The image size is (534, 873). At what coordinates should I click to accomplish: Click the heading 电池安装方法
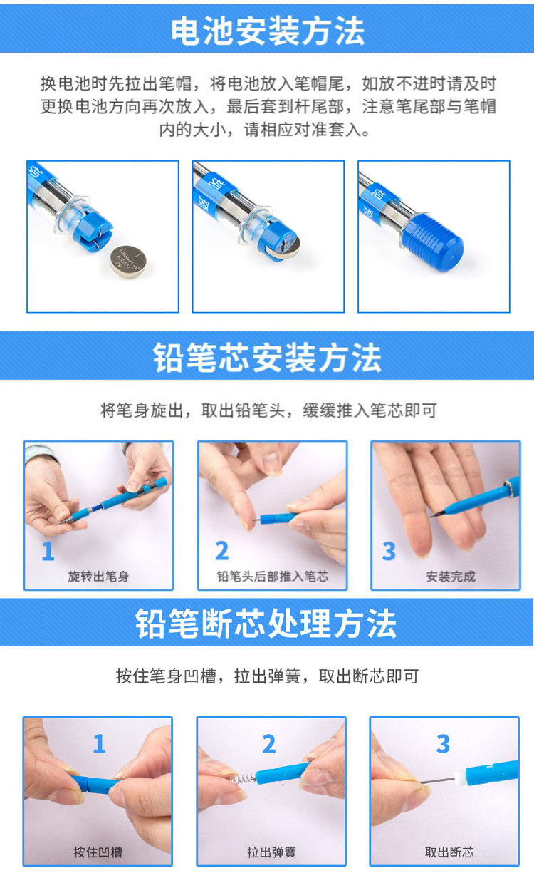(x=268, y=31)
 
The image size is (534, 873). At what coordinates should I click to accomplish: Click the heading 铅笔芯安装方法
(x=267, y=357)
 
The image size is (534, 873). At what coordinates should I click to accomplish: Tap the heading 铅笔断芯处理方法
(x=266, y=624)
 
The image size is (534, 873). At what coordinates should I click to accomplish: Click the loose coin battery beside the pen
(x=128, y=262)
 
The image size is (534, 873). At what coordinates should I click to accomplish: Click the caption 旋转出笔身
(x=98, y=576)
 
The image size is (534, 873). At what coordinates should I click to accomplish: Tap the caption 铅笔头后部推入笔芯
(x=272, y=576)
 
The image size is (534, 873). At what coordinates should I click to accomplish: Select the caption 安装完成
(x=451, y=576)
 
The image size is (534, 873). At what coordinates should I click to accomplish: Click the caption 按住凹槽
(x=98, y=852)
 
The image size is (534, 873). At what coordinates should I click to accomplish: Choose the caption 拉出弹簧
(x=271, y=852)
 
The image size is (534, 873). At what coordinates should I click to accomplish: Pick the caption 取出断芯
(x=449, y=852)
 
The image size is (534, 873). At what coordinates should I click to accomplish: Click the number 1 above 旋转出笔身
(x=48, y=551)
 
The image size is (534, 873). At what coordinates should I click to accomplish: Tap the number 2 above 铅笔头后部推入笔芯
(x=221, y=551)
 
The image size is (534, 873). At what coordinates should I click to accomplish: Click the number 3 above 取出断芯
(x=444, y=743)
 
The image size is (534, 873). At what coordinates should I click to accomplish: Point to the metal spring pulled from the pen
(x=242, y=779)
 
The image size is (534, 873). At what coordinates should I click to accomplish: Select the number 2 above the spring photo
(x=269, y=744)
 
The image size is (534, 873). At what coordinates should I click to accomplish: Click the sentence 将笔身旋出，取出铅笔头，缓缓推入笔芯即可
(x=268, y=410)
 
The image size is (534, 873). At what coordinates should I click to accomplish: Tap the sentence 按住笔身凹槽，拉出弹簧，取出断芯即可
(x=267, y=676)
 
